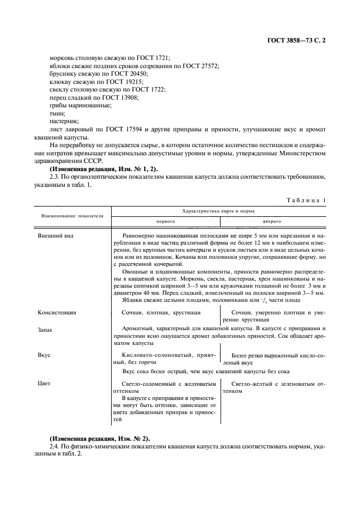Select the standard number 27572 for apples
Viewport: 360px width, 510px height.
[x=208, y=66]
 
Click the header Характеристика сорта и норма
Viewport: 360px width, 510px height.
[x=219, y=210]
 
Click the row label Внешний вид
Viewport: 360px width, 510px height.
[x=56, y=236]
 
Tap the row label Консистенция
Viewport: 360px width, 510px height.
[x=57, y=313]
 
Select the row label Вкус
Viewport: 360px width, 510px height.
[x=44, y=355]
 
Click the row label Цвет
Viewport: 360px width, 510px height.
[x=44, y=384]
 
